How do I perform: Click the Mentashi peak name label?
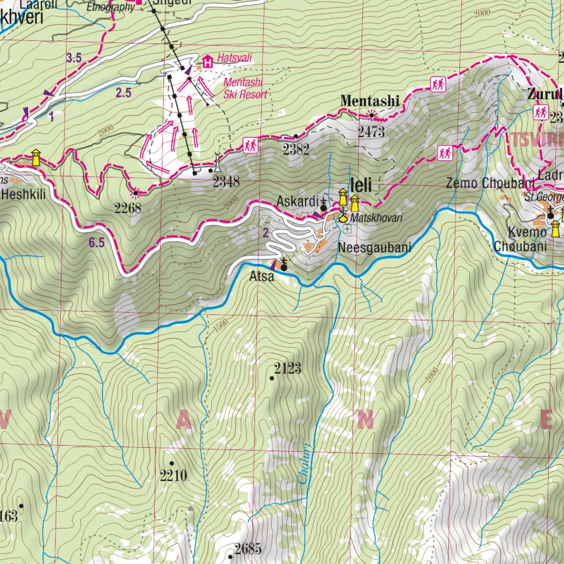point(370,101)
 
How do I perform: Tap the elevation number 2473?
point(370,132)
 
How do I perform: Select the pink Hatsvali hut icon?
point(208,61)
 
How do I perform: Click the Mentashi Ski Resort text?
point(245,89)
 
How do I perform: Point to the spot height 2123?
point(288,368)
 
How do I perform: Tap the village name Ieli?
point(361,186)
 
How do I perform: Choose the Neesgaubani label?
point(375,248)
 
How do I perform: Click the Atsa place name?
point(262,277)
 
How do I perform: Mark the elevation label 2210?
point(173,475)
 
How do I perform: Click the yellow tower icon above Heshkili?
point(36,157)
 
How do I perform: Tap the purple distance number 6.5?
point(96,243)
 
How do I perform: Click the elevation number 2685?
point(247,549)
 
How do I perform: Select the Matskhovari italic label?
point(377,218)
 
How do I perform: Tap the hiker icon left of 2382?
point(251,145)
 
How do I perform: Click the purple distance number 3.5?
point(74,57)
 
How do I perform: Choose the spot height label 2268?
point(128,208)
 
